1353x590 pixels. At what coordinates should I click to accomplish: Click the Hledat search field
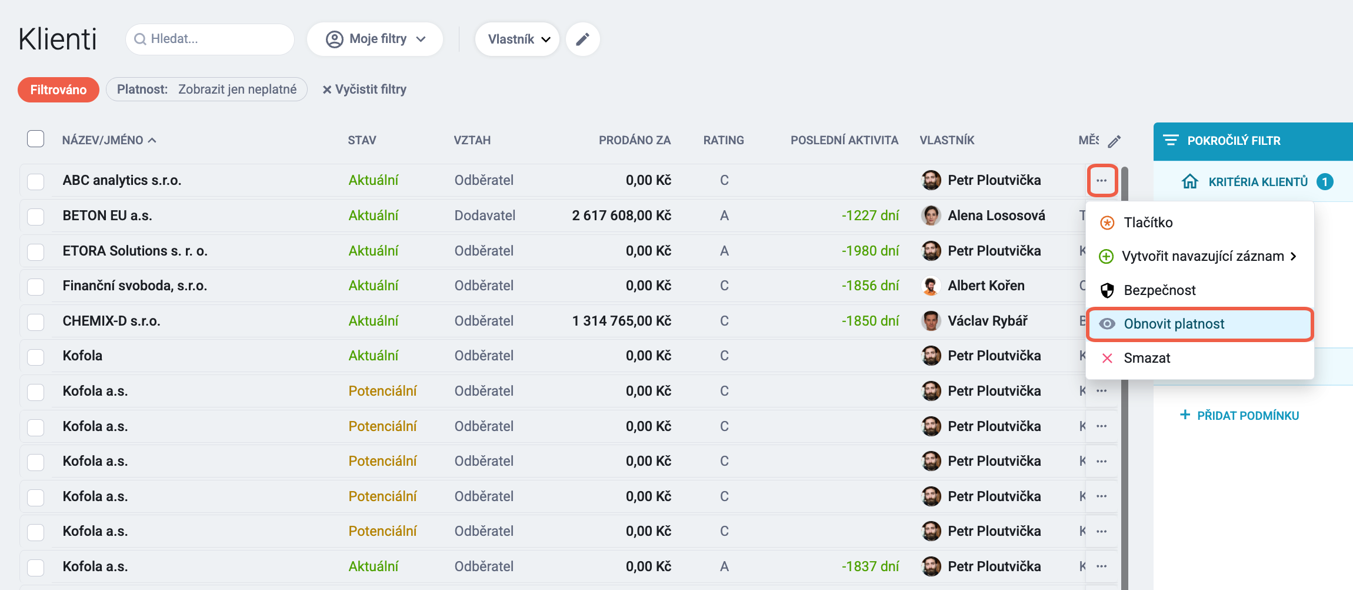tap(210, 39)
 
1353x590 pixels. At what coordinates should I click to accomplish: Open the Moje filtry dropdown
tap(375, 39)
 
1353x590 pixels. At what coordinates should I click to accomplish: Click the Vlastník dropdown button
tap(517, 39)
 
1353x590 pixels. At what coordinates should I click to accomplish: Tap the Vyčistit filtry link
tap(364, 90)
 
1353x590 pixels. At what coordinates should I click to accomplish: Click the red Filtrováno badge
tap(58, 90)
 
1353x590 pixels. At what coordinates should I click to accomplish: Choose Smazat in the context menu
tap(1147, 358)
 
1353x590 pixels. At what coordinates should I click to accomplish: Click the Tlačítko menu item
tap(1148, 223)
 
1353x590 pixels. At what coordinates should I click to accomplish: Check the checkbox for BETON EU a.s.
tap(36, 216)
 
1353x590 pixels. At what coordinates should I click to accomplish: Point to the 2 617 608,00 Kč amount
tap(621, 216)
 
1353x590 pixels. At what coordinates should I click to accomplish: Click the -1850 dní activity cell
tap(870, 321)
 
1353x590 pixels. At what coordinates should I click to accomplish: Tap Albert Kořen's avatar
tap(931, 286)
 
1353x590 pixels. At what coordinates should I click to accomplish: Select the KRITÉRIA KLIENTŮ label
tap(1258, 182)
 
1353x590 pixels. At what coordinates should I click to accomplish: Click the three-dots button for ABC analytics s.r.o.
tap(1102, 180)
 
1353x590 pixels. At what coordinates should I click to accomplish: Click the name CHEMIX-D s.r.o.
tap(111, 321)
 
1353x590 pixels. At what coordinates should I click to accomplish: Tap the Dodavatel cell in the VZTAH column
tap(485, 216)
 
